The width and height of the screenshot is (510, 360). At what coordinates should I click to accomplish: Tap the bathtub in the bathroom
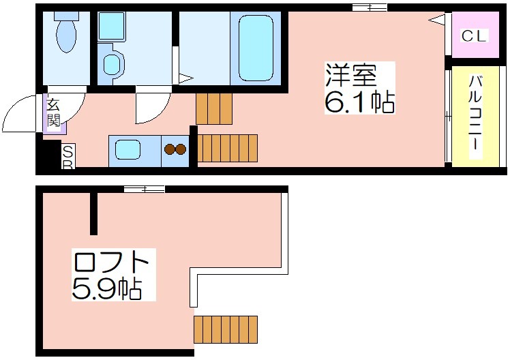tap(256, 48)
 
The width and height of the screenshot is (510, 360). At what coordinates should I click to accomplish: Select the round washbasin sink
tap(112, 64)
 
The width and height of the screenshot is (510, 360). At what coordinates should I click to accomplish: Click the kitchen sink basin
tap(127, 149)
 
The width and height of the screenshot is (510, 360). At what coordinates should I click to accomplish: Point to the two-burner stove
tap(175, 149)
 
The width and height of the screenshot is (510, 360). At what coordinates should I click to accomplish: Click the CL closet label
tap(475, 35)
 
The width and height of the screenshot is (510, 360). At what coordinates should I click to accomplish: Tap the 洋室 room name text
tap(351, 76)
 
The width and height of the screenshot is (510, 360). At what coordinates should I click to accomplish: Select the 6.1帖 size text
tap(359, 101)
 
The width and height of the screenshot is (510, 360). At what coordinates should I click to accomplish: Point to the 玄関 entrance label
tap(53, 112)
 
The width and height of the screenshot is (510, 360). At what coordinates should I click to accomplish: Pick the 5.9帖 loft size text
tap(106, 288)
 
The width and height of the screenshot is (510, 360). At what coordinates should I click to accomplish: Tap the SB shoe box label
tap(68, 157)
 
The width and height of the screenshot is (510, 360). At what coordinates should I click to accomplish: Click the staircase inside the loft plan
tap(226, 329)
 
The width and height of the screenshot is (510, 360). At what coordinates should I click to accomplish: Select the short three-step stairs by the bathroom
tap(214, 109)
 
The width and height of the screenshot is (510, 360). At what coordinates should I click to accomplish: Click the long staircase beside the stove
tap(227, 148)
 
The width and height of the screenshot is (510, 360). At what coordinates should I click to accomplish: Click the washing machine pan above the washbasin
tap(112, 27)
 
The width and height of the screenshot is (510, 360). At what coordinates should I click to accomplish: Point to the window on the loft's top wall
tap(145, 189)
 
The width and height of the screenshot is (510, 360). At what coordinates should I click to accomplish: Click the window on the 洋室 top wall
tap(370, 7)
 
